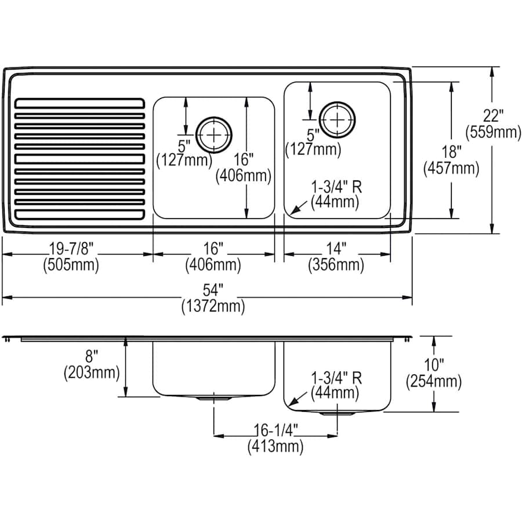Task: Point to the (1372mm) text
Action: click(213, 306)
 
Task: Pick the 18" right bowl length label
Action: click(451, 153)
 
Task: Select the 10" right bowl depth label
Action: click(434, 365)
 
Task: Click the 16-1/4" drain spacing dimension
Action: click(275, 431)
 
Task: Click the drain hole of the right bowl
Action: click(337, 119)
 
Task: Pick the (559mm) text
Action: click(495, 132)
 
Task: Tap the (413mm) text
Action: click(275, 446)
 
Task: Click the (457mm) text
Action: click(451, 169)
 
